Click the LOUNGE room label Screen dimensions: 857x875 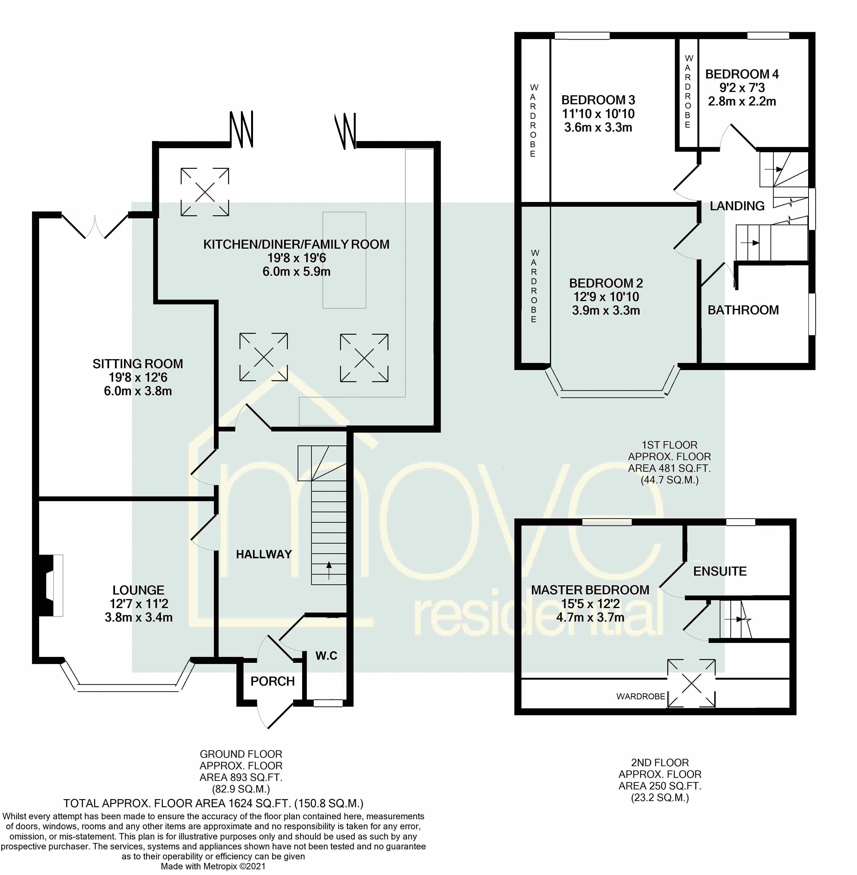(138, 590)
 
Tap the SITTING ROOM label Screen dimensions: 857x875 (138, 363)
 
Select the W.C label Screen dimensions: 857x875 (326, 655)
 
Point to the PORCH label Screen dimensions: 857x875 (272, 681)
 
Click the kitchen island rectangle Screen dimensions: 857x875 (344, 260)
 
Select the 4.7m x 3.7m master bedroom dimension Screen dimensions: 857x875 (590, 617)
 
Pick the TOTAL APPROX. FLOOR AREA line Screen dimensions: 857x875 (213, 803)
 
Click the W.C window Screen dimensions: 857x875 (328, 703)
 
